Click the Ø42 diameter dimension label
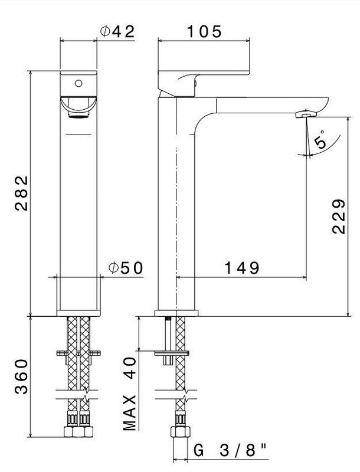[117, 31]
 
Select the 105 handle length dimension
[204, 31]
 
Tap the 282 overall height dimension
[22, 193]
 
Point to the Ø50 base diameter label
[126, 268]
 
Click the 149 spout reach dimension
[242, 268]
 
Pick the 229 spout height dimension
[339, 216]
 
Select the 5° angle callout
[320, 140]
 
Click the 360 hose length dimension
[22, 376]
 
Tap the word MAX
[129, 413]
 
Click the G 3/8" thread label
[231, 451]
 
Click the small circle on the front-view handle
[78, 83]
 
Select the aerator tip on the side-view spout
[306, 114]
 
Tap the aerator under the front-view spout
[78, 114]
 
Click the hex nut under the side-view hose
[181, 432]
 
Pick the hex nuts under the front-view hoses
[78, 432]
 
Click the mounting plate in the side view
[172, 353]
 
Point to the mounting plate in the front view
[78, 353]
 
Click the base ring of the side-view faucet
[176, 313]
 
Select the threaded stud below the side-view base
[168, 340]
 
